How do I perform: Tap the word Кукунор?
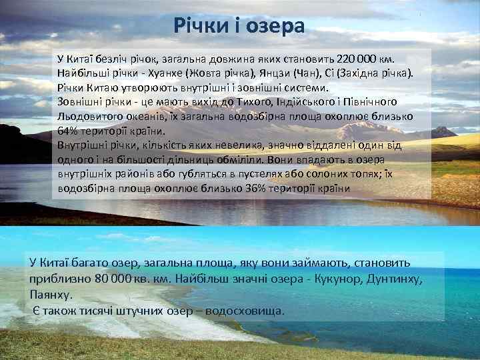click(x=333, y=278)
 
